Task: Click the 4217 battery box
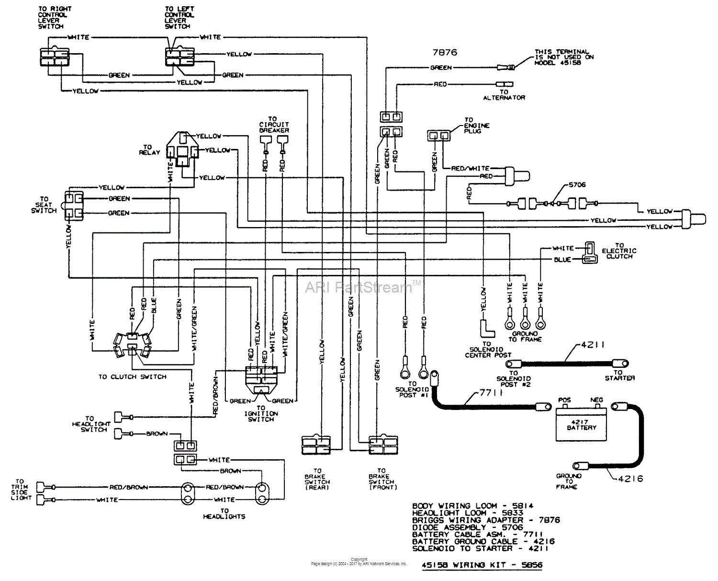pos(581,424)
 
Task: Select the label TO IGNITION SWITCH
pos(261,413)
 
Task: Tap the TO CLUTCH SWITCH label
pos(133,377)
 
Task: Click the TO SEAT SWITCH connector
pos(74,205)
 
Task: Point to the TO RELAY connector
pos(182,149)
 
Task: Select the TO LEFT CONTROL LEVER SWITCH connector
pos(180,57)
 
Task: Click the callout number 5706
pos(577,185)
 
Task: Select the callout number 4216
pos(630,478)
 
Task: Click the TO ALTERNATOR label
pos(504,95)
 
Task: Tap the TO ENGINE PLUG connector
pos(439,136)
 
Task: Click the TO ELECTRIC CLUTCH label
pos(619,251)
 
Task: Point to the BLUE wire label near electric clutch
pos(562,260)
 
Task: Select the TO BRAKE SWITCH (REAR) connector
pos(316,444)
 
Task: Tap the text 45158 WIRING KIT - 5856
pos(482,565)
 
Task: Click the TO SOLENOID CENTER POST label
pos(488,350)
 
